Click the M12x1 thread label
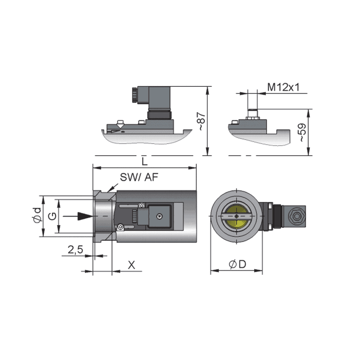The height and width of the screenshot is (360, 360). (x=283, y=87)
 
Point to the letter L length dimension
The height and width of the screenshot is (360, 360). (x=144, y=161)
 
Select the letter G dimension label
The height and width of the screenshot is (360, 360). (x=53, y=216)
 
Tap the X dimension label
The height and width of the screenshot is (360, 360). (x=131, y=265)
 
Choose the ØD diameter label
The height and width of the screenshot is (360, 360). (x=238, y=265)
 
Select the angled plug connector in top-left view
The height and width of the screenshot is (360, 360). (x=153, y=101)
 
